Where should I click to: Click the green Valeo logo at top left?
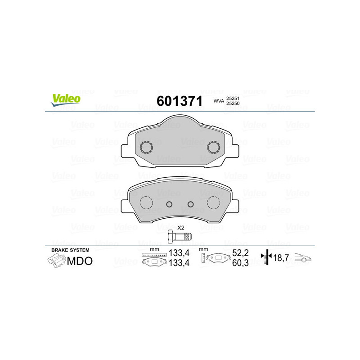66,100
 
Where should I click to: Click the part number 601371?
180,101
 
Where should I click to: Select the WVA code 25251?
233,98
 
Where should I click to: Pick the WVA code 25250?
233,103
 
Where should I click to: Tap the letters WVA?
219,101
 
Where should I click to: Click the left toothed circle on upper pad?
146,147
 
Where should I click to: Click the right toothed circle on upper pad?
213,147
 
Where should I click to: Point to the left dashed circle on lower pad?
146,203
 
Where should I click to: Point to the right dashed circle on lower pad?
213,203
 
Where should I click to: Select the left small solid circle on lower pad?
169,204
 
